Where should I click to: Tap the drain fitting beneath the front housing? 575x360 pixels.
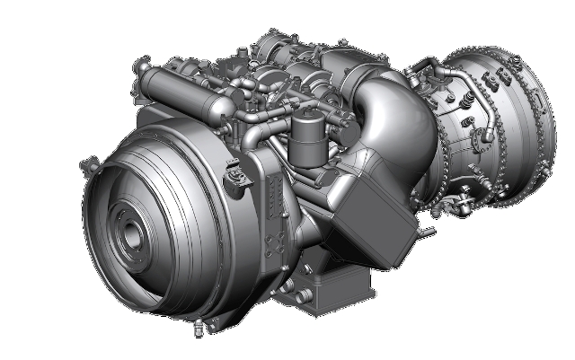pos(192,322)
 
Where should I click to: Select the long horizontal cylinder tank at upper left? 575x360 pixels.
pos(175,88)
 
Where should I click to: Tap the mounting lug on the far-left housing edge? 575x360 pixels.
pos(88,165)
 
